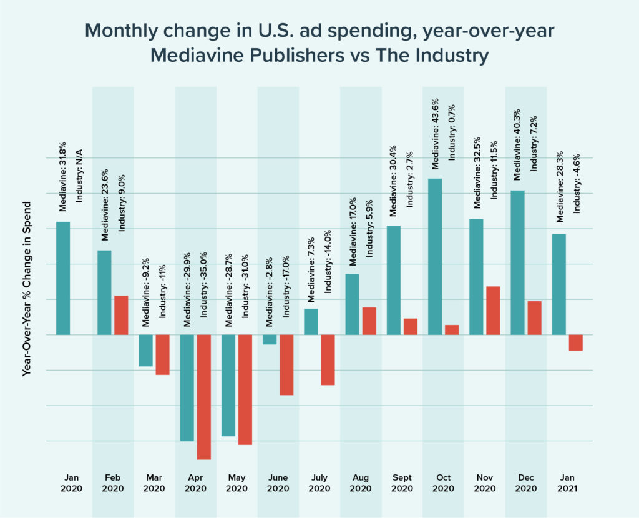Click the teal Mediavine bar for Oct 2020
click(x=435, y=256)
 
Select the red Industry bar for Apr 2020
click(x=203, y=397)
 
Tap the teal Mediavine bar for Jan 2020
click(x=63, y=278)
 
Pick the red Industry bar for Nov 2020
click(x=493, y=310)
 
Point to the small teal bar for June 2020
click(x=270, y=339)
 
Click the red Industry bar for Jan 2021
click(x=575, y=342)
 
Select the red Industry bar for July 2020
click(x=328, y=359)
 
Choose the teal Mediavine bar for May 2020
click(x=228, y=385)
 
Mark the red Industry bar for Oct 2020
click(x=452, y=329)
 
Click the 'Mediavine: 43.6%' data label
click(x=436, y=134)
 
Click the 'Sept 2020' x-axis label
click(x=402, y=483)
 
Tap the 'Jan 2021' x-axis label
click(x=567, y=483)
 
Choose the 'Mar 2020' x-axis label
click(x=154, y=483)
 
